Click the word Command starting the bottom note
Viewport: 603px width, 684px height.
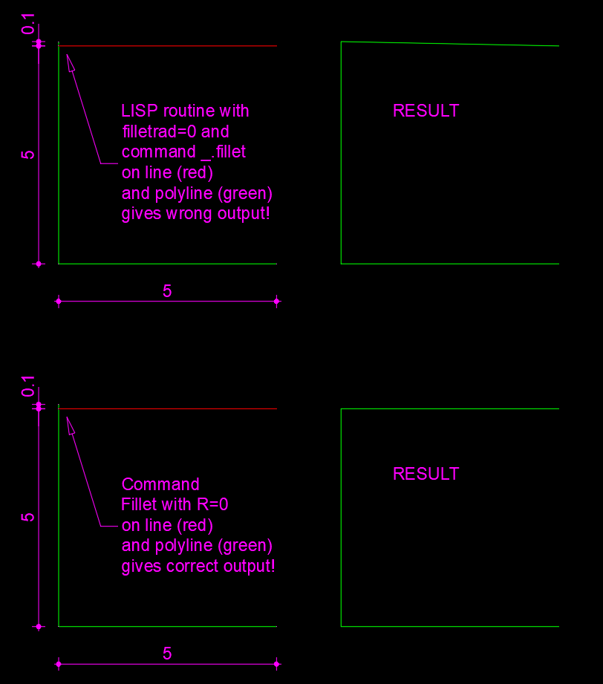point(160,485)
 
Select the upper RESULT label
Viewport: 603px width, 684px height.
point(426,111)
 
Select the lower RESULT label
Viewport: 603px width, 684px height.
point(426,474)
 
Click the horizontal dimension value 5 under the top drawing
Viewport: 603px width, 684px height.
point(167,291)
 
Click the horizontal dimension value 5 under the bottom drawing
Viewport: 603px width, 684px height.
point(167,654)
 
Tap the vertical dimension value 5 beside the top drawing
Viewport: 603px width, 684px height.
point(28,154)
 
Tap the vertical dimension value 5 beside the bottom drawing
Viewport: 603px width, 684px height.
point(28,517)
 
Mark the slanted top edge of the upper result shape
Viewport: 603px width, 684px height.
point(449,44)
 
